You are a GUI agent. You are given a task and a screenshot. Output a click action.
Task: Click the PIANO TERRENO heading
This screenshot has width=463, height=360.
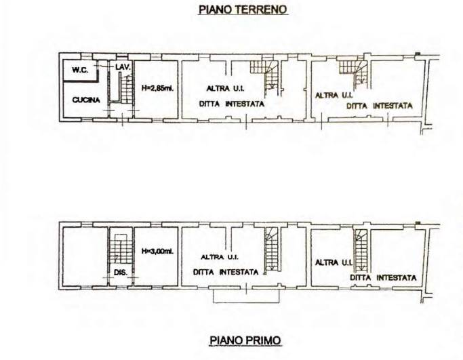click(243, 9)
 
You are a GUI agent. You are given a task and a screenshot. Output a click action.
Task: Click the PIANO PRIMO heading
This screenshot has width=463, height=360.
click(245, 340)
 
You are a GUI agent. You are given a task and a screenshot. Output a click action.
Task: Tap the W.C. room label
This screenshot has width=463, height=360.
click(80, 71)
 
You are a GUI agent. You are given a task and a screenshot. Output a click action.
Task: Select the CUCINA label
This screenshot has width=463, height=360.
click(86, 100)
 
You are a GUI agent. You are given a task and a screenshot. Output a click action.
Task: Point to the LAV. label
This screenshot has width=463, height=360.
click(123, 67)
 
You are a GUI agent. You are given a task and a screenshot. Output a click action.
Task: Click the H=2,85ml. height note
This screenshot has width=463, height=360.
click(157, 87)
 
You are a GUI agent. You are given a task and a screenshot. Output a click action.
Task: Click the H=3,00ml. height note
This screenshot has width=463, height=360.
click(157, 252)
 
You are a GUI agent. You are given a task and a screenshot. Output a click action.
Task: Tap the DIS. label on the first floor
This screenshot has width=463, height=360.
click(121, 273)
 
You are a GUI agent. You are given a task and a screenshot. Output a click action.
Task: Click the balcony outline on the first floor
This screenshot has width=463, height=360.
click(246, 296)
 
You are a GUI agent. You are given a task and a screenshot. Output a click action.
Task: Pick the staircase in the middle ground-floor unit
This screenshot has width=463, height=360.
click(264, 76)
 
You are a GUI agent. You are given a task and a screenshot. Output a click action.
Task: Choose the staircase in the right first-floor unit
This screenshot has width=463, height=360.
click(361, 249)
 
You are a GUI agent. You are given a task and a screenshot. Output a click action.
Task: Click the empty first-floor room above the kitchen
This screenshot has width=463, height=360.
click(85, 256)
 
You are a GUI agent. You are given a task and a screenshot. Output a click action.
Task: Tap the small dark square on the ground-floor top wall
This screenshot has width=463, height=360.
click(417, 54)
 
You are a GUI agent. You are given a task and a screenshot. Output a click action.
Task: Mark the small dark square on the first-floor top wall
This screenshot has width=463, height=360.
click(417, 222)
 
